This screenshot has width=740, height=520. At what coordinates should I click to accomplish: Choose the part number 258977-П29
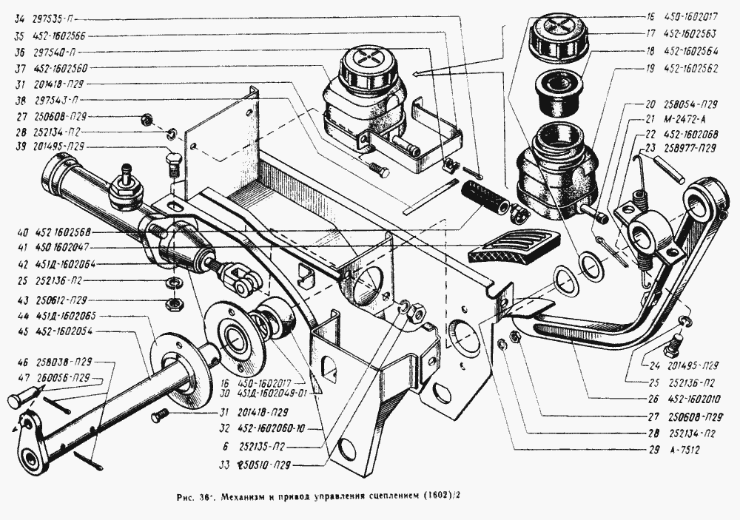point(689,147)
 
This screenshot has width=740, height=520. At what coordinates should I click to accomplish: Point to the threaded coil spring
point(485,197)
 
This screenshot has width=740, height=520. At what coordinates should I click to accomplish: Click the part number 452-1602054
point(64,332)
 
